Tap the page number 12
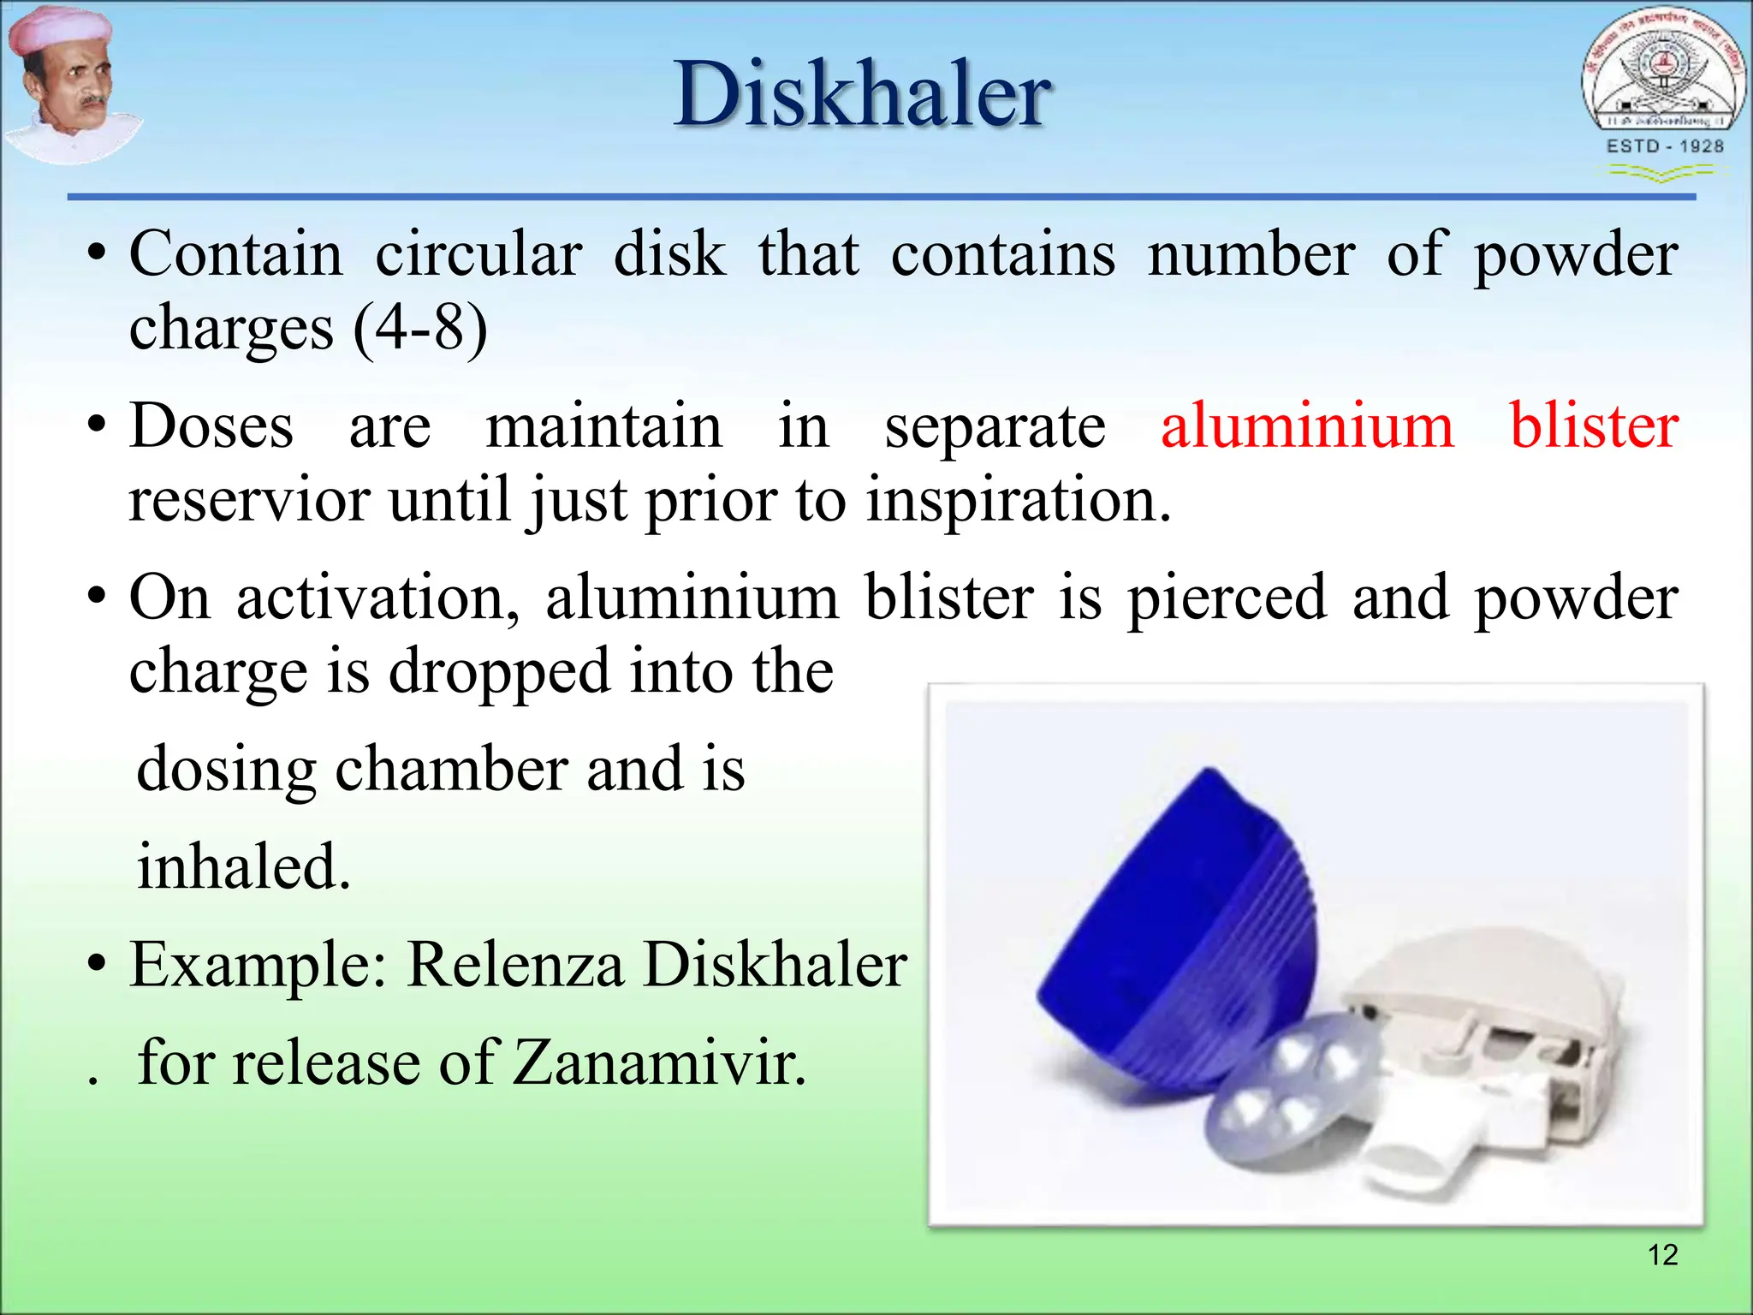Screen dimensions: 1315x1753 [x=1662, y=1255]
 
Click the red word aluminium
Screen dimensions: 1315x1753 [x=1307, y=425]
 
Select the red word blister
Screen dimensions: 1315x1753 [x=1593, y=425]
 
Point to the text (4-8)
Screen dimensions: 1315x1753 [x=419, y=328]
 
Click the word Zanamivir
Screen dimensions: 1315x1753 [x=659, y=1062]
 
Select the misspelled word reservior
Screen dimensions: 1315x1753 [x=249, y=500]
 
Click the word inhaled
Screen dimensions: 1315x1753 [x=244, y=866]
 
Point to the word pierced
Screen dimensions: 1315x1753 [x=1227, y=598]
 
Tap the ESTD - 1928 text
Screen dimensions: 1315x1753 [x=1665, y=146]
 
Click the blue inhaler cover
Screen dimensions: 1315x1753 [x=1181, y=933]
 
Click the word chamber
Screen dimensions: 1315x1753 [x=451, y=769]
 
